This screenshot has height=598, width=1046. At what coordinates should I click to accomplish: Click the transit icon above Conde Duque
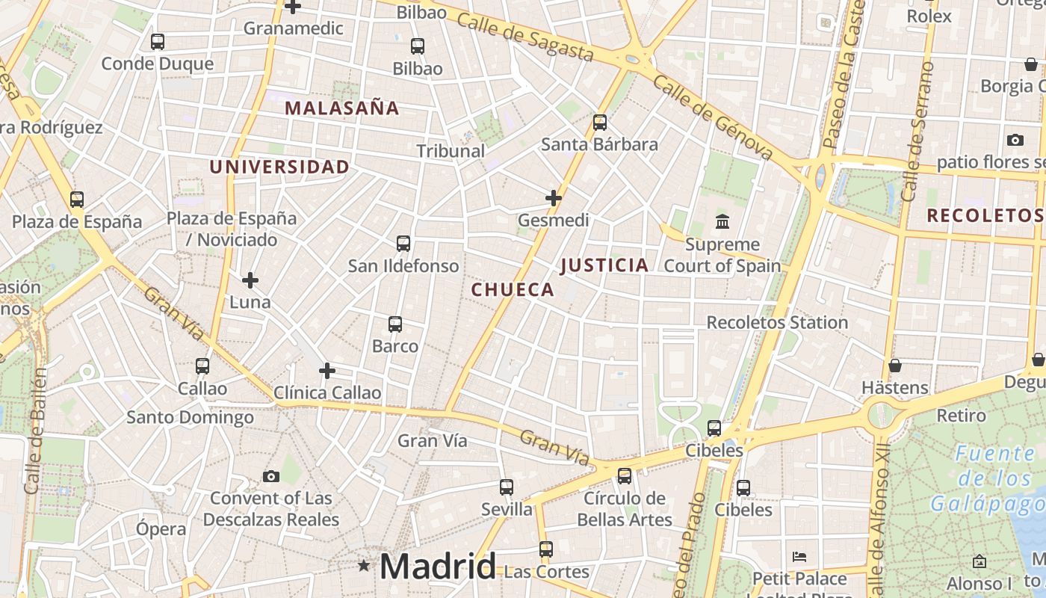point(157,42)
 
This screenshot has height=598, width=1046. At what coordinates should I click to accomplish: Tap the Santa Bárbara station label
point(599,144)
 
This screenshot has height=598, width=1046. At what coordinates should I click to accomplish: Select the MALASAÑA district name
point(342,108)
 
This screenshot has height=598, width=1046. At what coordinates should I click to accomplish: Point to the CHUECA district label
point(513,290)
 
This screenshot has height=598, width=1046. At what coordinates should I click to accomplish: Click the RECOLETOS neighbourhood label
point(984,216)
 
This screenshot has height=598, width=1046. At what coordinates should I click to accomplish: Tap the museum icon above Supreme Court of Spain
point(722,222)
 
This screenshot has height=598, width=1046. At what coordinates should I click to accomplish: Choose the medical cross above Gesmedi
point(554,198)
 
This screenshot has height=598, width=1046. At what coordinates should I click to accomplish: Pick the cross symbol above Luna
point(250,280)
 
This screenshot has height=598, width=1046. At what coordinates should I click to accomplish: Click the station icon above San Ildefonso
point(403,244)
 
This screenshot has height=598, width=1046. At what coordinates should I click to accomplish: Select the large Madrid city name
point(438,567)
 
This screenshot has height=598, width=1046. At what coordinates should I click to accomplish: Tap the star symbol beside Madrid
point(364,566)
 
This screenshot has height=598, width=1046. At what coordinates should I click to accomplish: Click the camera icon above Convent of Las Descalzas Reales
point(271,476)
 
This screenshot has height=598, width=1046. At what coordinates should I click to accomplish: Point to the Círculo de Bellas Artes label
point(625,508)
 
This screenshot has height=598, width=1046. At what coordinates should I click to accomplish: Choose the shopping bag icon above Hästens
point(894,366)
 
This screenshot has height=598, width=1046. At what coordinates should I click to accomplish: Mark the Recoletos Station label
point(777,322)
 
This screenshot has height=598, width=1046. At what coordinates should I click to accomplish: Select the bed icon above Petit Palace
point(799,557)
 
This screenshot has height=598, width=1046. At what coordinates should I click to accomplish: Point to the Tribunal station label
point(451,151)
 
